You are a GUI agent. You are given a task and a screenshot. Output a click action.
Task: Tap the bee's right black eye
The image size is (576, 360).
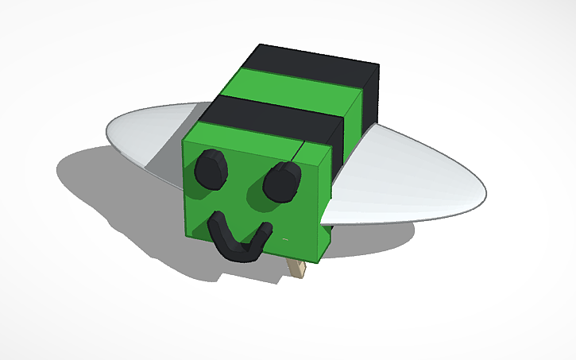coord(282,181)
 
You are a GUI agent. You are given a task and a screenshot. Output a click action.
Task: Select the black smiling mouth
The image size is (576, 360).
coord(236,243)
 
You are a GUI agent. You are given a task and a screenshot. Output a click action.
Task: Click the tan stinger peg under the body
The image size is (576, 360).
coord(297,269)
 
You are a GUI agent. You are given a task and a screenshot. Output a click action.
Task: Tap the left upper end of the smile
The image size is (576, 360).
coord(212,224)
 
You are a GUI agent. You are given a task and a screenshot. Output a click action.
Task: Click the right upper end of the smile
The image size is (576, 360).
coord(266,231)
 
